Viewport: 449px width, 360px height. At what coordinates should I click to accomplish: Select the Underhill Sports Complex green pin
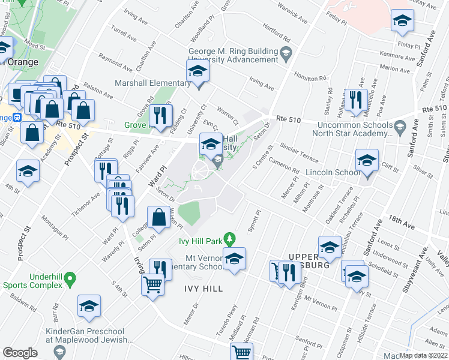tap(70, 279)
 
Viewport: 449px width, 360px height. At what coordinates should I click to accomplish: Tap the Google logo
tap(20, 352)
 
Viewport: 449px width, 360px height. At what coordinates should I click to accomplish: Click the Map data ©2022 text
tap(424, 354)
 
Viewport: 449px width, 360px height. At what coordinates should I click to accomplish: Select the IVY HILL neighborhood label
tap(203, 289)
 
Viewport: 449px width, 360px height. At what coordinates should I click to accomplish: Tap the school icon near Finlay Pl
tap(402, 22)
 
